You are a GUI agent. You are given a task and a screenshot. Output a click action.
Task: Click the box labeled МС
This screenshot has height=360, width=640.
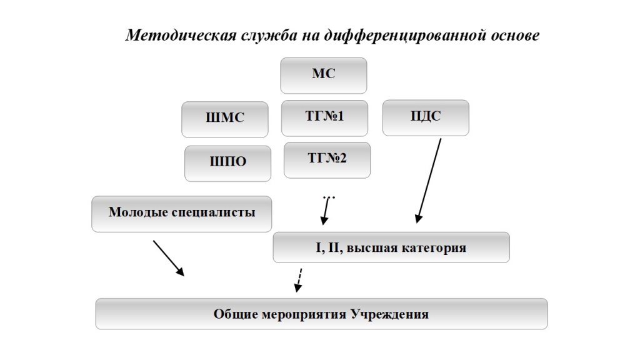[323, 76]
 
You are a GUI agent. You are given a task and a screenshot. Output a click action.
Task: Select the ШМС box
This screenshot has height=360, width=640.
[225, 119]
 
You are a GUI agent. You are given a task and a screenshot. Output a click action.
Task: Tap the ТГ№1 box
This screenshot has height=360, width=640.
[324, 118]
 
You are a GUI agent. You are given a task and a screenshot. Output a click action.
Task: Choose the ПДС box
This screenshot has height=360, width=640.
[426, 117]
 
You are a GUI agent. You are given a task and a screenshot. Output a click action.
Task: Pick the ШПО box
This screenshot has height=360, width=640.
[227, 163]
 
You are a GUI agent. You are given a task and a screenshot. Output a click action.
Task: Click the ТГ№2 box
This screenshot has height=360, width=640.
[327, 160]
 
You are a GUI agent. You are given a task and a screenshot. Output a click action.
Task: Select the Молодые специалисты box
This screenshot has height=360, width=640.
[182, 214]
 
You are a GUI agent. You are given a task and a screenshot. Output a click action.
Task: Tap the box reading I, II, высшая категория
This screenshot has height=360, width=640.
[391, 247]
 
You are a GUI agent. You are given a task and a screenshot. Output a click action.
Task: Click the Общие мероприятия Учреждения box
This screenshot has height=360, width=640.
[322, 314]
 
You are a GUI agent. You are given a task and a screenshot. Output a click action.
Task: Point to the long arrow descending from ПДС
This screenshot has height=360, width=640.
[429, 181]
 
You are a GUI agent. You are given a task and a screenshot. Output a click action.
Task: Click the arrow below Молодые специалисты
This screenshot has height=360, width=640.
[169, 258]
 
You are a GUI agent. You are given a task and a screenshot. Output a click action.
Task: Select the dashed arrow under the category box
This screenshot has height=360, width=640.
[299, 280]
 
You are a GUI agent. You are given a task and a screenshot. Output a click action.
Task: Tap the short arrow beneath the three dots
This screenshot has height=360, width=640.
[325, 211]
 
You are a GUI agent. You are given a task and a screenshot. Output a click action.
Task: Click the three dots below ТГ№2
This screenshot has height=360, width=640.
[329, 197]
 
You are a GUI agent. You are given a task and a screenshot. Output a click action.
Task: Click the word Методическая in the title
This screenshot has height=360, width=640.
[181, 35]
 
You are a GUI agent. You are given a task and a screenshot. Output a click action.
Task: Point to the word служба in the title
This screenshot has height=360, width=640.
[269, 35]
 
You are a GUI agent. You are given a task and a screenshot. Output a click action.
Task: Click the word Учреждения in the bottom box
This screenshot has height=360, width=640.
[390, 314]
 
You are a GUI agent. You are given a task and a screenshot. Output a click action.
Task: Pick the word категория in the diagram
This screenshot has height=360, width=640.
[434, 248]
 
